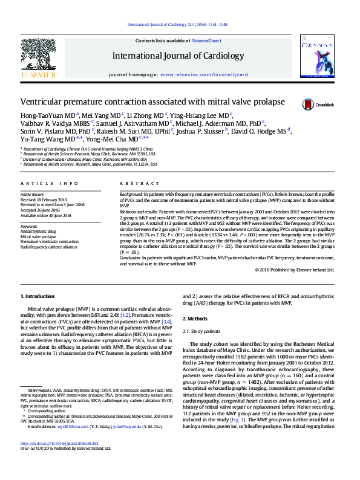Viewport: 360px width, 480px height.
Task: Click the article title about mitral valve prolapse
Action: click(152, 102)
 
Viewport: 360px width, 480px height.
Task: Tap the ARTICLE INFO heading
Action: click(50, 183)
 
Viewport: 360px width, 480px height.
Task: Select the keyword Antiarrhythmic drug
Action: click(39, 231)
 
